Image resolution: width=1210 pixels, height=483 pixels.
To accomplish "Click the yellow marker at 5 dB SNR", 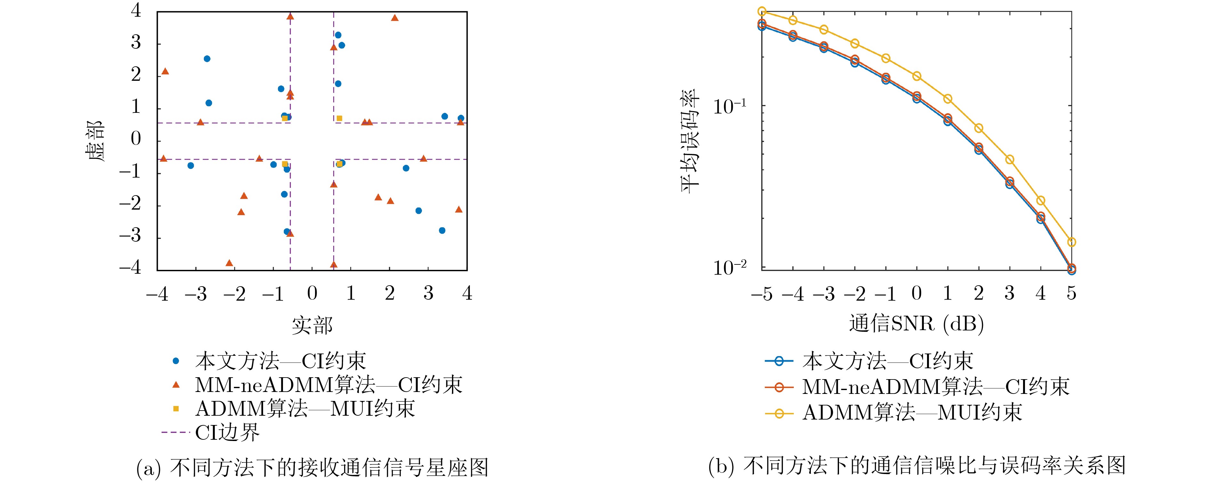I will coord(1071,242).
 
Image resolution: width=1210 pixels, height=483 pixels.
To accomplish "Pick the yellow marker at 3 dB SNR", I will coord(1009,160).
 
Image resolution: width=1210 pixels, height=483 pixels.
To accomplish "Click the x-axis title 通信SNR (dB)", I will coord(916,324).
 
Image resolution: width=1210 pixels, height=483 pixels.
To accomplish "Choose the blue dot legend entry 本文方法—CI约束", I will coord(280,361).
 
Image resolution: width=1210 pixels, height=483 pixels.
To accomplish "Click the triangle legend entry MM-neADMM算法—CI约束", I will coord(328,385).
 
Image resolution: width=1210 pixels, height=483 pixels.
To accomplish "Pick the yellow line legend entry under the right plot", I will coord(911,412).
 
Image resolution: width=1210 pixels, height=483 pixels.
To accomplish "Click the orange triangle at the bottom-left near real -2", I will coord(229,263).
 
